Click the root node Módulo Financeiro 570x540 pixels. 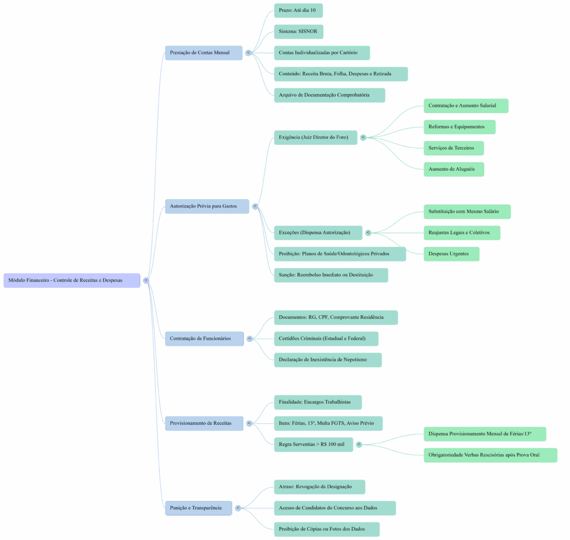pyautogui.click(x=72, y=280)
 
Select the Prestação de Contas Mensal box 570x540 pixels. pyautogui.click(x=204, y=53)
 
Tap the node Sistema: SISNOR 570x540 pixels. pyautogui.click(x=298, y=32)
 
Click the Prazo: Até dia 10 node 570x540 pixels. pyautogui.click(x=298, y=11)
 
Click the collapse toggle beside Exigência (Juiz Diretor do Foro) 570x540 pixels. pyautogui.click(x=363, y=137)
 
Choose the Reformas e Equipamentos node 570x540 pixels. pyautogui.click(x=459, y=127)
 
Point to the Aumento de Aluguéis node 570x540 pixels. pyautogui.click(x=454, y=169)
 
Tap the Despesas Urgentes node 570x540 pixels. pyautogui.click(x=451, y=254)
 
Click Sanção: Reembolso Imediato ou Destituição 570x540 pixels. pyautogui.click(x=331, y=275)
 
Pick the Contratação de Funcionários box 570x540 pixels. pyautogui.click(x=204, y=339)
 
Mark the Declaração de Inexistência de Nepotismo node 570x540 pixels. pyautogui.click(x=328, y=360)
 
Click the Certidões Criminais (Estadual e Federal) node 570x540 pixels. pyautogui.click(x=326, y=339)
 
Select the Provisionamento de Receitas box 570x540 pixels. pyautogui.click(x=204, y=423)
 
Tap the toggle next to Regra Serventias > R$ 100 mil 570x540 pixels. pyautogui.click(x=359, y=444)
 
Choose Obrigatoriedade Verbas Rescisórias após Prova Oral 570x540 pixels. pyautogui.click(x=490, y=455)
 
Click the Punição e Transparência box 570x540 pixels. pyautogui.click(x=198, y=508)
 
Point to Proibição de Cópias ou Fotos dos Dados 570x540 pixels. pyautogui.click(x=326, y=529)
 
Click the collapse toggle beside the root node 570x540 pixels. pyautogui.click(x=146, y=280)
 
